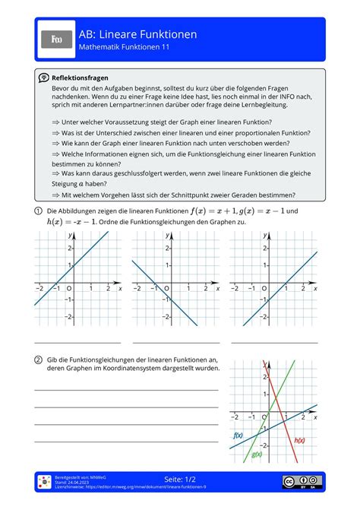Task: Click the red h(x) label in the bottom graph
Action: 299,440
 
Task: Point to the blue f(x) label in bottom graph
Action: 238,436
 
